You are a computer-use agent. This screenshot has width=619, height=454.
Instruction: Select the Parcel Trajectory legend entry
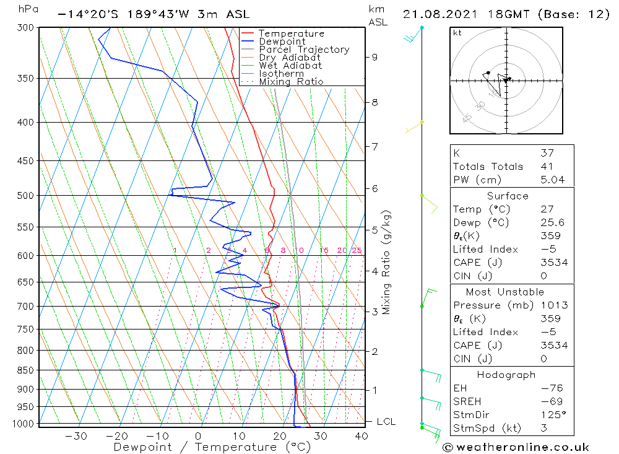(x=304, y=50)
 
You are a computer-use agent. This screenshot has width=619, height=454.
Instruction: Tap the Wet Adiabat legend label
(x=290, y=66)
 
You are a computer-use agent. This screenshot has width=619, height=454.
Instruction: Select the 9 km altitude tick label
(x=374, y=57)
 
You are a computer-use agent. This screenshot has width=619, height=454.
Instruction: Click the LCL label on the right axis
(x=386, y=422)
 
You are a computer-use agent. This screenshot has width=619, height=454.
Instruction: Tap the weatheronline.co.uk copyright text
(x=516, y=447)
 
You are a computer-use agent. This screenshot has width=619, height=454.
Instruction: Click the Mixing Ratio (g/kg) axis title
(x=386, y=263)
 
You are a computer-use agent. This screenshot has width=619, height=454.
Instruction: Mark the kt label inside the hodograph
(x=457, y=33)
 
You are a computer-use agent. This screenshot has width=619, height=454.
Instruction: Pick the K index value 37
(x=547, y=153)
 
